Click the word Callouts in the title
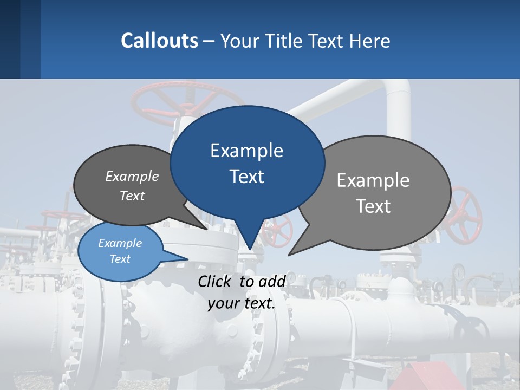coord(159,41)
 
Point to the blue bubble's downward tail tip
coord(249,250)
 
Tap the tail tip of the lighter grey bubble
coord(289,254)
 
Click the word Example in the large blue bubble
coord(246,151)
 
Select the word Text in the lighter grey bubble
coord(373,206)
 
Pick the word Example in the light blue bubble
coord(120,243)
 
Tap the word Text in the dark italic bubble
coord(132,196)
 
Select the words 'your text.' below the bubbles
coord(242,303)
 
